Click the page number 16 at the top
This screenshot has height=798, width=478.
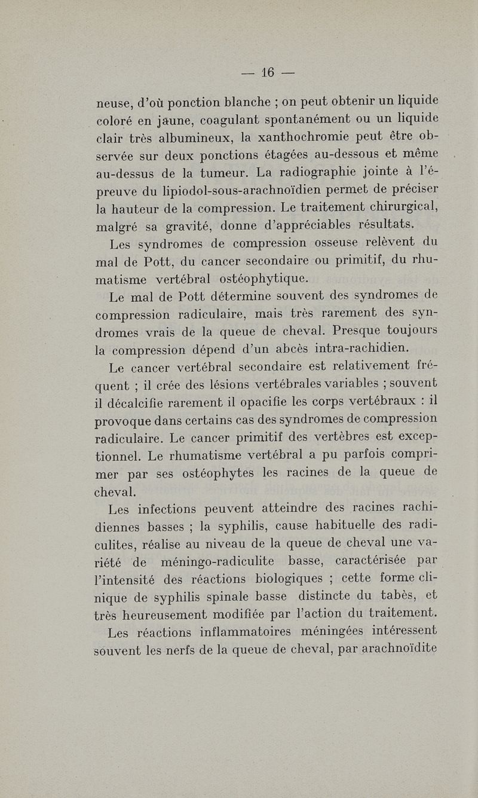click(266, 73)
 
